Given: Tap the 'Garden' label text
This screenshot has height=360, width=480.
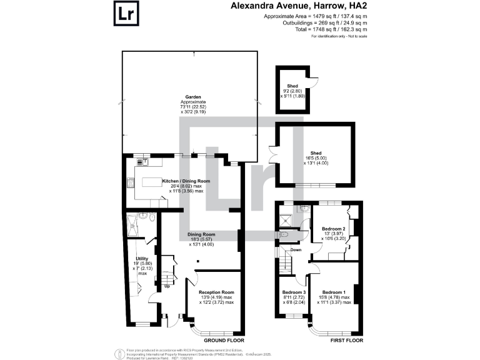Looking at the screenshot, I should click(x=192, y=97).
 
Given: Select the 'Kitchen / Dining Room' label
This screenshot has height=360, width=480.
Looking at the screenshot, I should click(x=186, y=181).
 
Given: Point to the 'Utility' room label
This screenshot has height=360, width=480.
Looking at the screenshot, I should click(x=143, y=259).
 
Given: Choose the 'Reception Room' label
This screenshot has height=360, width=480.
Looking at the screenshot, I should click(x=216, y=292).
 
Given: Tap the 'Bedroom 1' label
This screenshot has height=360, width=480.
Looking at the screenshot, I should click(x=334, y=292).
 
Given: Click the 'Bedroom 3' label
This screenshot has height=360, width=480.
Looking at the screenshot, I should click(x=292, y=292).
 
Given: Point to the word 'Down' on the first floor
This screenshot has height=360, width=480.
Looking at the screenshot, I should click(x=296, y=250).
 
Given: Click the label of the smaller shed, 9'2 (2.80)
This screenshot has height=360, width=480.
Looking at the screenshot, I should click(x=292, y=86).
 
